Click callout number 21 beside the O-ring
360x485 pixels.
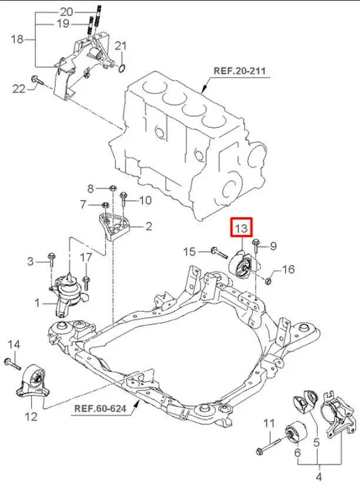click(x=121, y=46)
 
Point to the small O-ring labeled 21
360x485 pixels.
click(x=120, y=69)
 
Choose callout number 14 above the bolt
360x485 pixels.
click(x=14, y=344)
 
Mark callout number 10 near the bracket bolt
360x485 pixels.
click(x=145, y=200)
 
